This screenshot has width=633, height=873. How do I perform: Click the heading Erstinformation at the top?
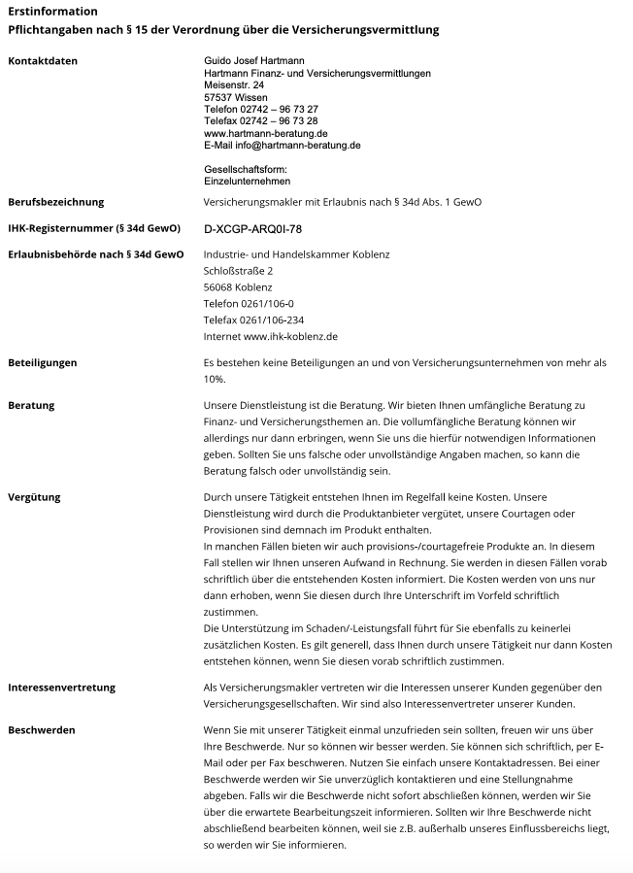(x=52, y=12)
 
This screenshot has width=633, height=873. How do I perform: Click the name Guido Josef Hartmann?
(x=252, y=61)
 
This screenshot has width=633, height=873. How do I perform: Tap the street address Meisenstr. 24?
(x=234, y=85)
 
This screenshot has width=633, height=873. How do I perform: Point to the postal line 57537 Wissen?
(x=235, y=97)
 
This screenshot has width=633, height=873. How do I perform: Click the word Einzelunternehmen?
(x=247, y=181)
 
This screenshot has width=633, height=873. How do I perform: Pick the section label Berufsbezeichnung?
(x=55, y=202)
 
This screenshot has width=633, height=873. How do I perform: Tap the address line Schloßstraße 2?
(x=239, y=271)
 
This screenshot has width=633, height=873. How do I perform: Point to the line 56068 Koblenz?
(x=238, y=287)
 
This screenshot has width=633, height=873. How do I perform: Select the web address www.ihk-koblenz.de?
(x=291, y=336)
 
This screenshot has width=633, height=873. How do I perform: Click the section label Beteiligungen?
(x=42, y=362)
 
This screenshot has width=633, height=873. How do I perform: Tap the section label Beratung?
(x=31, y=404)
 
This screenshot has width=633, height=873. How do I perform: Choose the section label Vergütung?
(x=34, y=497)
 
